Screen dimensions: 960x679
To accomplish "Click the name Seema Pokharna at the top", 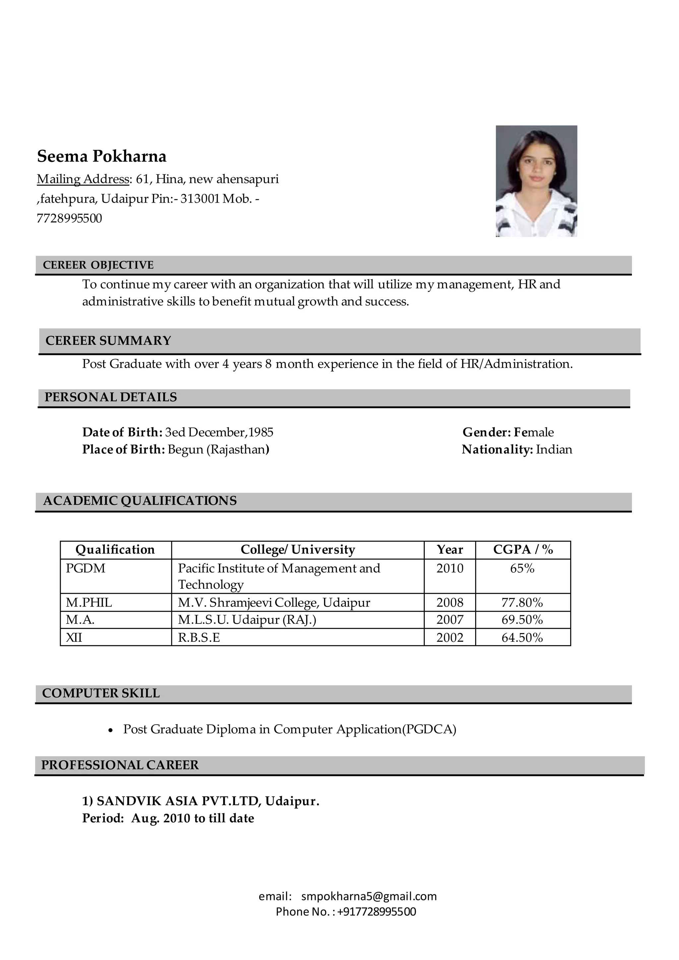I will click(x=101, y=156).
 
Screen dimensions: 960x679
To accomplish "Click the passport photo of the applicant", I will click(x=536, y=181).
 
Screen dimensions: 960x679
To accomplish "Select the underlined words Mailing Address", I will click(x=83, y=179).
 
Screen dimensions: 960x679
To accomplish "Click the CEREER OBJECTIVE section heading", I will click(x=98, y=265).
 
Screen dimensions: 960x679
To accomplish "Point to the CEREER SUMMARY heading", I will click(x=108, y=341).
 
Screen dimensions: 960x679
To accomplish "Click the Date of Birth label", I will click(x=122, y=432).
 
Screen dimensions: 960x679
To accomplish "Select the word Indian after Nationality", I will click(x=554, y=450).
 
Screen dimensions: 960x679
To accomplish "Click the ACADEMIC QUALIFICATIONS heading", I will click(x=140, y=501).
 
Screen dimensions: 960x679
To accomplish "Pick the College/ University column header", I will click(x=298, y=549).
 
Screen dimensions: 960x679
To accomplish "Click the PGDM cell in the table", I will click(x=86, y=569).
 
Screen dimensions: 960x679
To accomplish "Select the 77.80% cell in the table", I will click(x=522, y=603).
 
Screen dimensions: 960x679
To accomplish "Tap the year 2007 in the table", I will click(x=450, y=620).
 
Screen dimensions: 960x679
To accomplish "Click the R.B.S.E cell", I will click(x=199, y=638).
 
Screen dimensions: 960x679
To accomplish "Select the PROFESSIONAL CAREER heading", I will click(x=120, y=765).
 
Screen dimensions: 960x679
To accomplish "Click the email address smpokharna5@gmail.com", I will click(x=369, y=896).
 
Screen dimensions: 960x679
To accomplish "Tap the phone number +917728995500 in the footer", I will click(x=376, y=912).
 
